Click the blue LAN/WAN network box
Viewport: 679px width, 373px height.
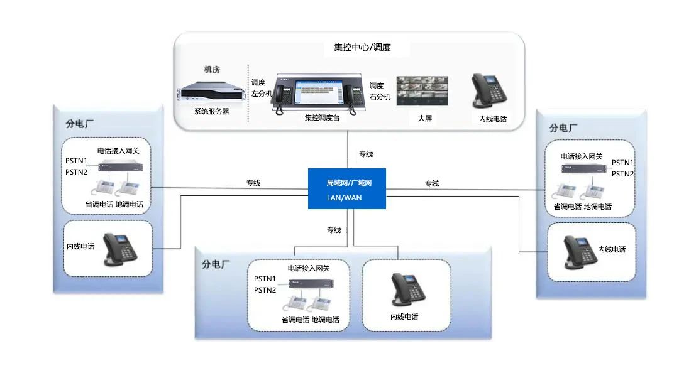pyautogui.click(x=346, y=189)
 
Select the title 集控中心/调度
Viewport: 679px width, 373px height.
pyautogui.click(x=362, y=47)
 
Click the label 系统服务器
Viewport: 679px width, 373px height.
pyautogui.click(x=211, y=111)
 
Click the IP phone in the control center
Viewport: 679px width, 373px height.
pyautogui.click(x=488, y=92)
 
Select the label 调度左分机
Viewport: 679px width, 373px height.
pyautogui.click(x=260, y=88)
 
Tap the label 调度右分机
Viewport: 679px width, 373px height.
pyautogui.click(x=380, y=91)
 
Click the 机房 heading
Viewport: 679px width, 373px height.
pyautogui.click(x=212, y=69)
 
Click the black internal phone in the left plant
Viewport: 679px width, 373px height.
pyautogui.click(x=119, y=249)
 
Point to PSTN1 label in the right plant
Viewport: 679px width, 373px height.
pyautogui.click(x=622, y=163)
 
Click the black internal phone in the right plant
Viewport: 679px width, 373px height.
pyautogui.click(x=578, y=251)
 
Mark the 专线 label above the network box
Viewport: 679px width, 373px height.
pyautogui.click(x=366, y=154)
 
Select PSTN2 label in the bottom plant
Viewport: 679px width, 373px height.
pyautogui.click(x=265, y=290)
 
